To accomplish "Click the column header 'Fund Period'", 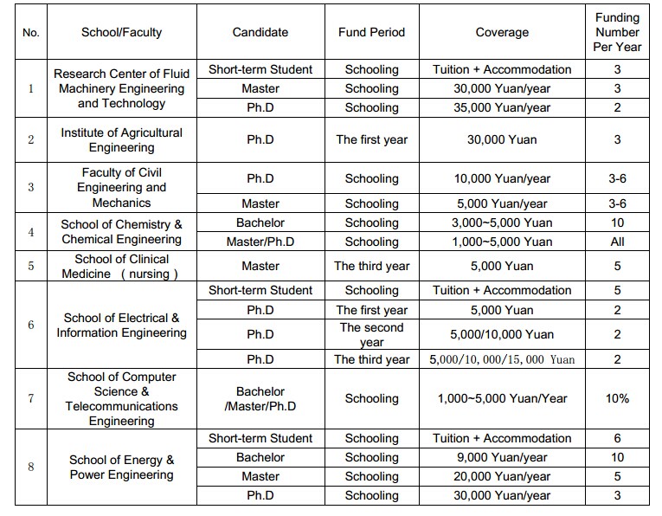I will [x=371, y=32].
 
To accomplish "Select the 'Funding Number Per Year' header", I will [x=617, y=32].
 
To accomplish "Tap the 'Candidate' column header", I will [x=260, y=32].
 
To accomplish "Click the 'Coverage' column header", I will [x=502, y=32].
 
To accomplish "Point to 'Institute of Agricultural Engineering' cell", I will [x=121, y=139].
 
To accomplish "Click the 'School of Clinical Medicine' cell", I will [x=121, y=266].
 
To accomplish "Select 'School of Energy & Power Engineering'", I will [x=121, y=467].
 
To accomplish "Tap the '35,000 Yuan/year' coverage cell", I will [x=502, y=107].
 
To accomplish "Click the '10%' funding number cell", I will [x=617, y=398].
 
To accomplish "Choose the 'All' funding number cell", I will [x=617, y=242].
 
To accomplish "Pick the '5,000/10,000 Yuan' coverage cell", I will [x=502, y=334].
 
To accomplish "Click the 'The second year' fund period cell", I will [x=371, y=334].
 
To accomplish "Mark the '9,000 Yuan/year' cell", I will [x=502, y=457].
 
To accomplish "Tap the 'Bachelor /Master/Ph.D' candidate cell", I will [x=260, y=398].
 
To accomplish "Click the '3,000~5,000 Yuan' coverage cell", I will [x=502, y=223].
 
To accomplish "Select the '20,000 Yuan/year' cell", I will [x=502, y=476].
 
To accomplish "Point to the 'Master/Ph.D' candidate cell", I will [x=260, y=242].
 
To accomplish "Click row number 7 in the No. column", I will [x=31, y=398].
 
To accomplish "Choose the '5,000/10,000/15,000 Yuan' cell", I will [x=502, y=359].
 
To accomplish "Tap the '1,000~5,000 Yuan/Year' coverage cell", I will [x=502, y=398].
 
